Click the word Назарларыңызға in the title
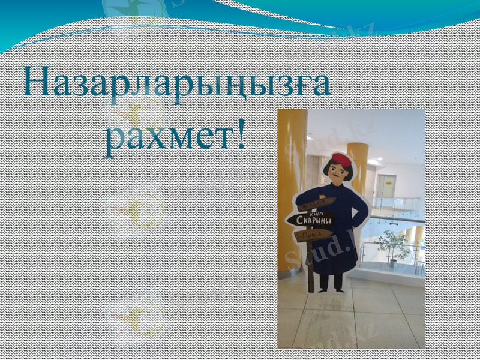coord(177,84)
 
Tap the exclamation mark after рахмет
coord(241,136)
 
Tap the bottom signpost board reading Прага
coord(313,236)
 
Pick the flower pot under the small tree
coord(393,262)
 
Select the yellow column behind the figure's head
coord(358,162)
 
